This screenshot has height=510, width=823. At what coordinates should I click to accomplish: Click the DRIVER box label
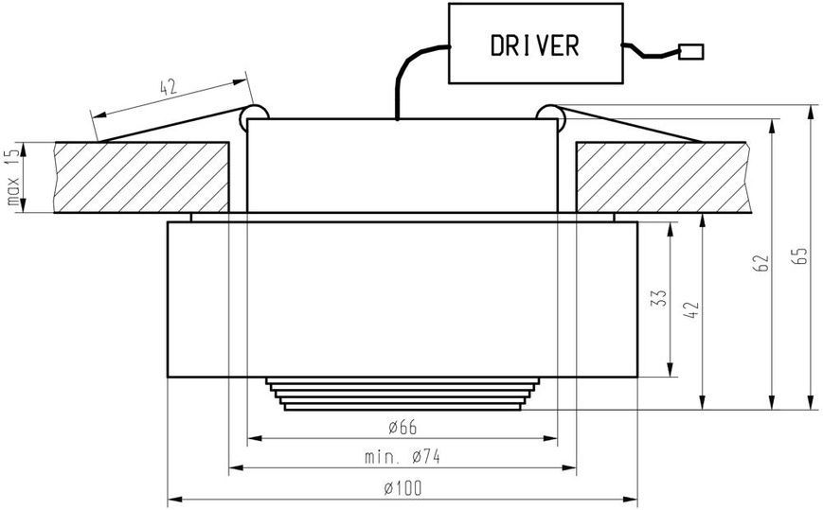coord(535,45)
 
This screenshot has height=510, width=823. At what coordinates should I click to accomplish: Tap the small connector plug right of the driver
coord(690,52)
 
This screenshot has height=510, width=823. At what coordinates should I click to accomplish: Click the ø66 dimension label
coord(403,427)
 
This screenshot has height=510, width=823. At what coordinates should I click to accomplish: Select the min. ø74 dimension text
coord(403,456)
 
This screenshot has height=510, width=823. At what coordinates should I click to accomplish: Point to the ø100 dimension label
coord(403,488)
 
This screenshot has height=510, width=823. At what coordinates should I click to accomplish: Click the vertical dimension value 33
coord(660,298)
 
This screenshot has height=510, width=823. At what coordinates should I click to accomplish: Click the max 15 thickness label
coord(13,177)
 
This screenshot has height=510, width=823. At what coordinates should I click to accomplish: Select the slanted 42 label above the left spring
coord(169,87)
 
